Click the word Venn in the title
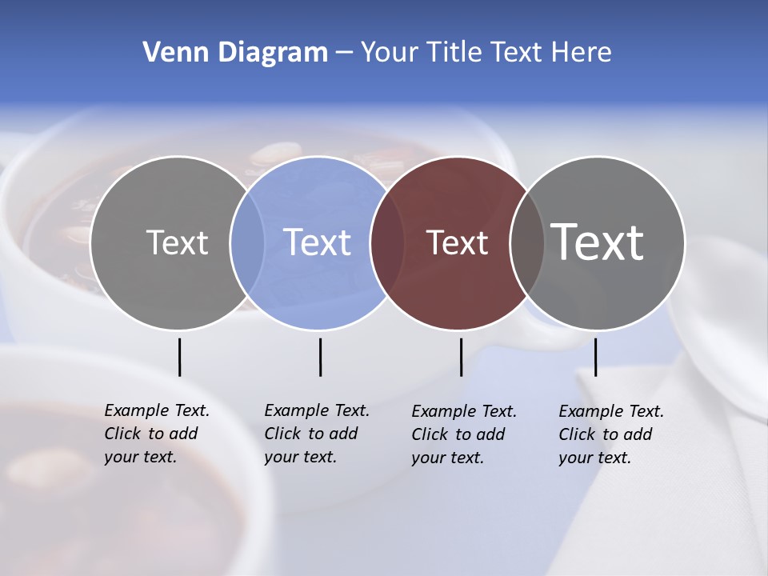tap(170, 52)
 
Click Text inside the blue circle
tap(317, 242)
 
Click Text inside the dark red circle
tap(457, 242)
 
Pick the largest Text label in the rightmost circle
tap(598, 242)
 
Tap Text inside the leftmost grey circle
tap(177, 242)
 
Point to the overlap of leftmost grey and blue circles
tap(247, 242)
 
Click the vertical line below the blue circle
tap(320, 357)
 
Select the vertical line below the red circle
tap(461, 357)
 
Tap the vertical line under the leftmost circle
tap(179, 357)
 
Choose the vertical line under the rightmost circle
tap(595, 357)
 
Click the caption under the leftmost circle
tap(156, 434)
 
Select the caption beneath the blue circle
tap(316, 434)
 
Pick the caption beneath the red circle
tap(463, 434)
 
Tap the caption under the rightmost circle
tap(610, 434)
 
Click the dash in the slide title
tap(344, 53)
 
